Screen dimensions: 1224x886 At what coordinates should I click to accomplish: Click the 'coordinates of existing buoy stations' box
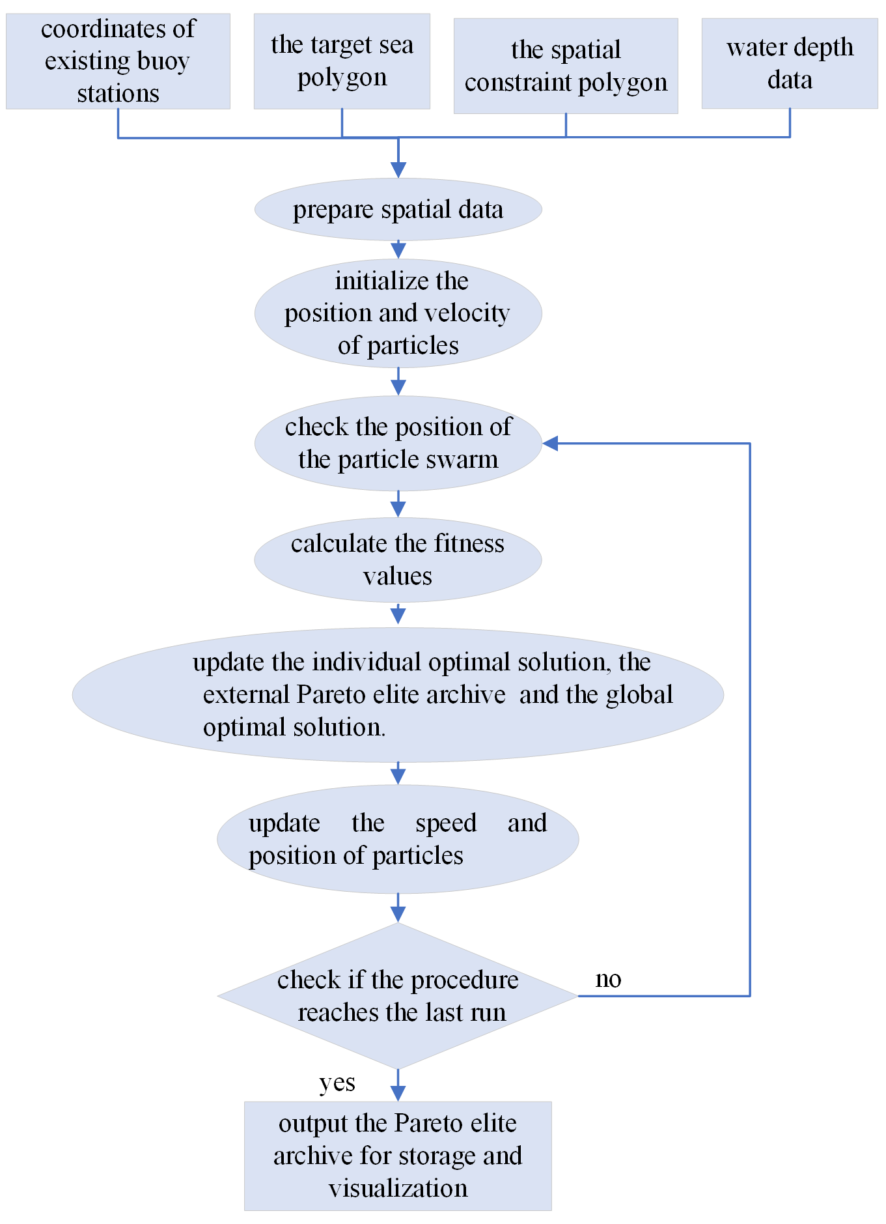[x=118, y=61]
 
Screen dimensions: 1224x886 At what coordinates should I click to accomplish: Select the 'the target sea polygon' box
[x=342, y=61]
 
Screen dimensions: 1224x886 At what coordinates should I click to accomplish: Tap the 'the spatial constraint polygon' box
[x=566, y=66]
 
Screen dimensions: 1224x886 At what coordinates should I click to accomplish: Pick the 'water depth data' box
[x=790, y=63]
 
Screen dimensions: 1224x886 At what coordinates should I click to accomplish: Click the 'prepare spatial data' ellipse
[x=398, y=210]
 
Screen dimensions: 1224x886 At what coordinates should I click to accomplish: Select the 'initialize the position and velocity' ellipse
[x=398, y=313]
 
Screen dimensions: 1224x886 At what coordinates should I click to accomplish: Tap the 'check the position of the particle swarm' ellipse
[x=398, y=443]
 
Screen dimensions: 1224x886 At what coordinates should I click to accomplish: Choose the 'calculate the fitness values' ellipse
[x=398, y=560]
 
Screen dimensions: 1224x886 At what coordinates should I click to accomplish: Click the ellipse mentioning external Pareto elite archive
[x=398, y=694]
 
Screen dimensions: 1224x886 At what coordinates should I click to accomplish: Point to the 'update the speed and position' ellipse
[x=398, y=839]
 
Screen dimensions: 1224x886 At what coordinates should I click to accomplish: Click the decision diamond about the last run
[x=398, y=995]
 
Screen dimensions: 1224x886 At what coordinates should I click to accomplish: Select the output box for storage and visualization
[x=398, y=1156]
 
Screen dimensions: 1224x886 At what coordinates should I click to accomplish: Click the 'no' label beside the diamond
[x=608, y=979]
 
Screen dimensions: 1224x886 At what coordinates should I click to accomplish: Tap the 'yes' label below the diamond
[x=337, y=1083]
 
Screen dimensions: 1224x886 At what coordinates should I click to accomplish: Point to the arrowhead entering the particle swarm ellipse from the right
[x=551, y=444]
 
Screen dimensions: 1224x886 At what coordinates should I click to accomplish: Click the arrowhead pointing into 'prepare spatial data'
[x=398, y=169]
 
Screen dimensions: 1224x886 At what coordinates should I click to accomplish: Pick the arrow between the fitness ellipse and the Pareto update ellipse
[x=398, y=614]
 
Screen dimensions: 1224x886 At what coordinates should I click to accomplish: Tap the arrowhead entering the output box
[x=398, y=1093]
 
